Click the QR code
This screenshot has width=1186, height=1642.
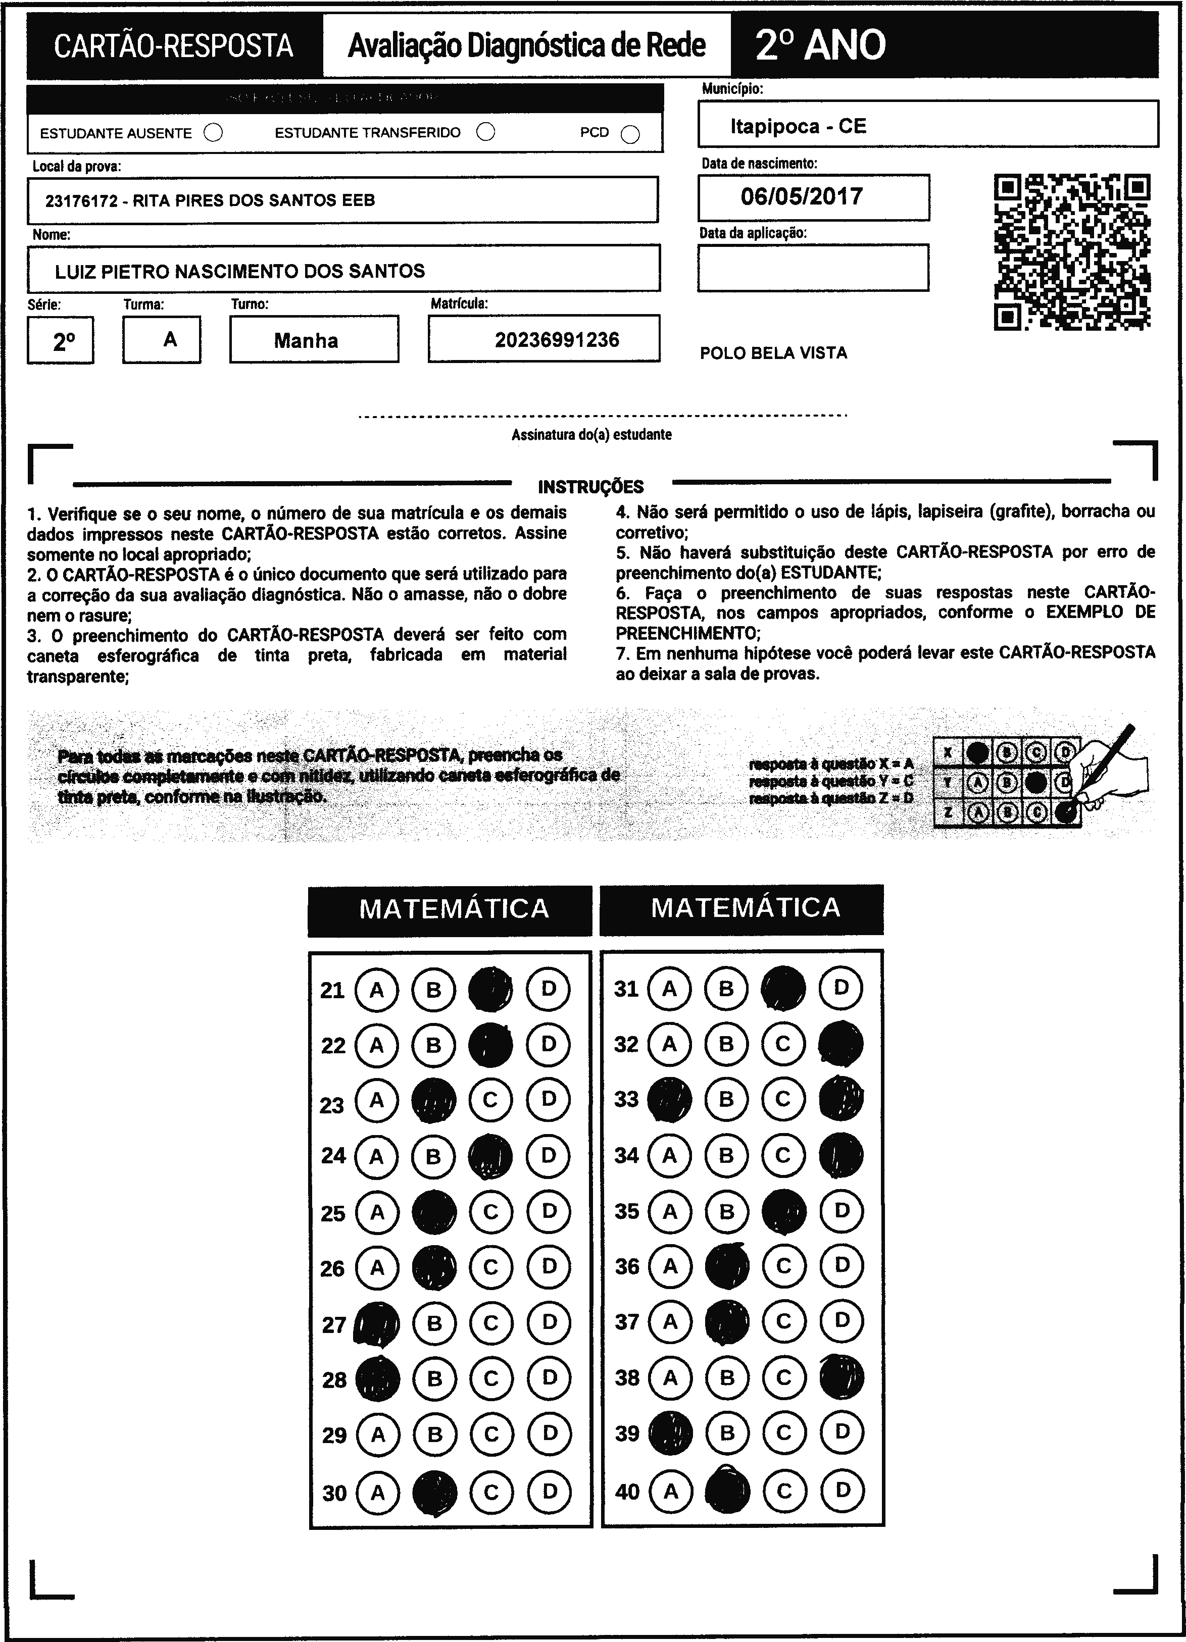1072,252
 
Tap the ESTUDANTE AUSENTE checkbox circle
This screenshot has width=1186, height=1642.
214,133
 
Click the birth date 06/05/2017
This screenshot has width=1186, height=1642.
802,197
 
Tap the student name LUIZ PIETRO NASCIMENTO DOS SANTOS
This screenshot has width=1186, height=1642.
239,272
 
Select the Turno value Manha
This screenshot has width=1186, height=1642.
306,340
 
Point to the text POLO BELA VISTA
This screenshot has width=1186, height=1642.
773,353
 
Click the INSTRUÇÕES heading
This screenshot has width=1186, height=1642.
591,487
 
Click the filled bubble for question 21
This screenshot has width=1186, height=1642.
490,990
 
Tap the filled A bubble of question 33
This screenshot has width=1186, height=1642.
669,1100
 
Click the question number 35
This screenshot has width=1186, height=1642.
627,1211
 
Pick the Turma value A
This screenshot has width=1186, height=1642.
170,339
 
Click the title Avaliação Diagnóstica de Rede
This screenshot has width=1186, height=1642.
526,45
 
